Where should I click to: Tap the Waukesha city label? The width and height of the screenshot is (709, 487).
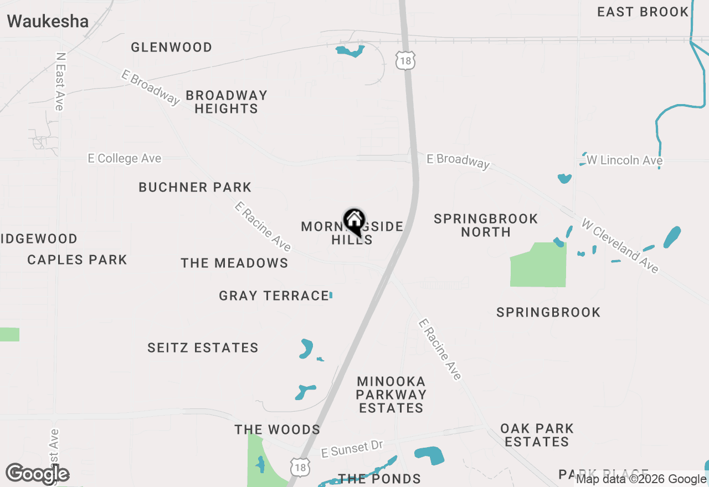[x=48, y=22]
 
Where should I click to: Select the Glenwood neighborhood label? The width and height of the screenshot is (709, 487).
[x=172, y=48]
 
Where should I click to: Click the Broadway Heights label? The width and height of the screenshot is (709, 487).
[x=227, y=102]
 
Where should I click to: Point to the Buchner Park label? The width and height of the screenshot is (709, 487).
[x=195, y=187]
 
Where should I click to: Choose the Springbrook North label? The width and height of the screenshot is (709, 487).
[x=486, y=225]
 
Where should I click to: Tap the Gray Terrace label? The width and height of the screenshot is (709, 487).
[x=274, y=296]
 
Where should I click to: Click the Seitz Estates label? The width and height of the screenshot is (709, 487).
[x=203, y=348]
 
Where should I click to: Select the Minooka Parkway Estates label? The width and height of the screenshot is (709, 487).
[x=391, y=395]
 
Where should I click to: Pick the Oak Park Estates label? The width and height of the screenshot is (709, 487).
[x=537, y=435]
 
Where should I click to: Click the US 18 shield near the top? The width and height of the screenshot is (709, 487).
[x=406, y=61]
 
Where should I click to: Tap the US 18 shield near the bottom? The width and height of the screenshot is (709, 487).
[x=300, y=467]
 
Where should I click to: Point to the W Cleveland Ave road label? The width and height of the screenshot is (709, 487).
[x=620, y=246]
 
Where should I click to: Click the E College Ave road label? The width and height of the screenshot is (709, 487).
[x=125, y=159]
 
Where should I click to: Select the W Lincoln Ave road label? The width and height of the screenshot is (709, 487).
[x=624, y=160]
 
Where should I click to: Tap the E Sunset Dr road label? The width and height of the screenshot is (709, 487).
[x=352, y=448]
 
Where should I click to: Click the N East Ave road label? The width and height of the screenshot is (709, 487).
[x=60, y=81]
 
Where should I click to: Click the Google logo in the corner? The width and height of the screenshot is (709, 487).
[x=38, y=474]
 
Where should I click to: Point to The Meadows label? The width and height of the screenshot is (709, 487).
[x=234, y=263]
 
